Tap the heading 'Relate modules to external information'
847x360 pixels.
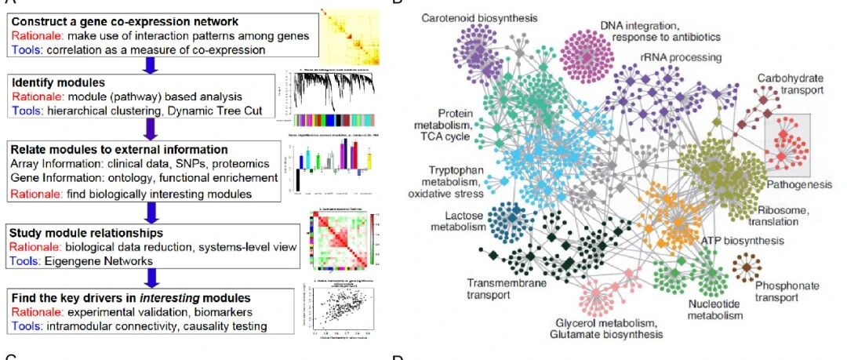pyautogui.click(x=118, y=149)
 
